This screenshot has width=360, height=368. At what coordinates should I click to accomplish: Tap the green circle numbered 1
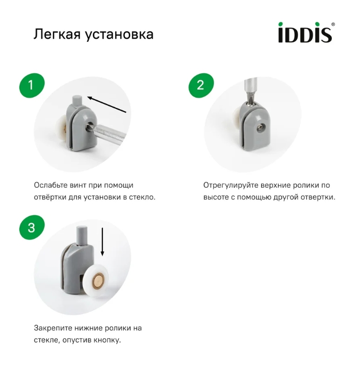(x=31, y=85)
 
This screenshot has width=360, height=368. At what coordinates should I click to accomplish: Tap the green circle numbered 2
(x=200, y=85)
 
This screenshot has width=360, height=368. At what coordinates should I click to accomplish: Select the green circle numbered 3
(x=31, y=227)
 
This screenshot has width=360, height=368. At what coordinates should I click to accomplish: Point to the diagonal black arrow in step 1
(x=107, y=104)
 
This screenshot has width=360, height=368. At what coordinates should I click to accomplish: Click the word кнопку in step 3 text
(x=109, y=339)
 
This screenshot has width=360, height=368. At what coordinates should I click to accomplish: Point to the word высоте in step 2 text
(x=215, y=197)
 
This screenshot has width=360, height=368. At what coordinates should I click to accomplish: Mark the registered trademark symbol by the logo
(x=333, y=24)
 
